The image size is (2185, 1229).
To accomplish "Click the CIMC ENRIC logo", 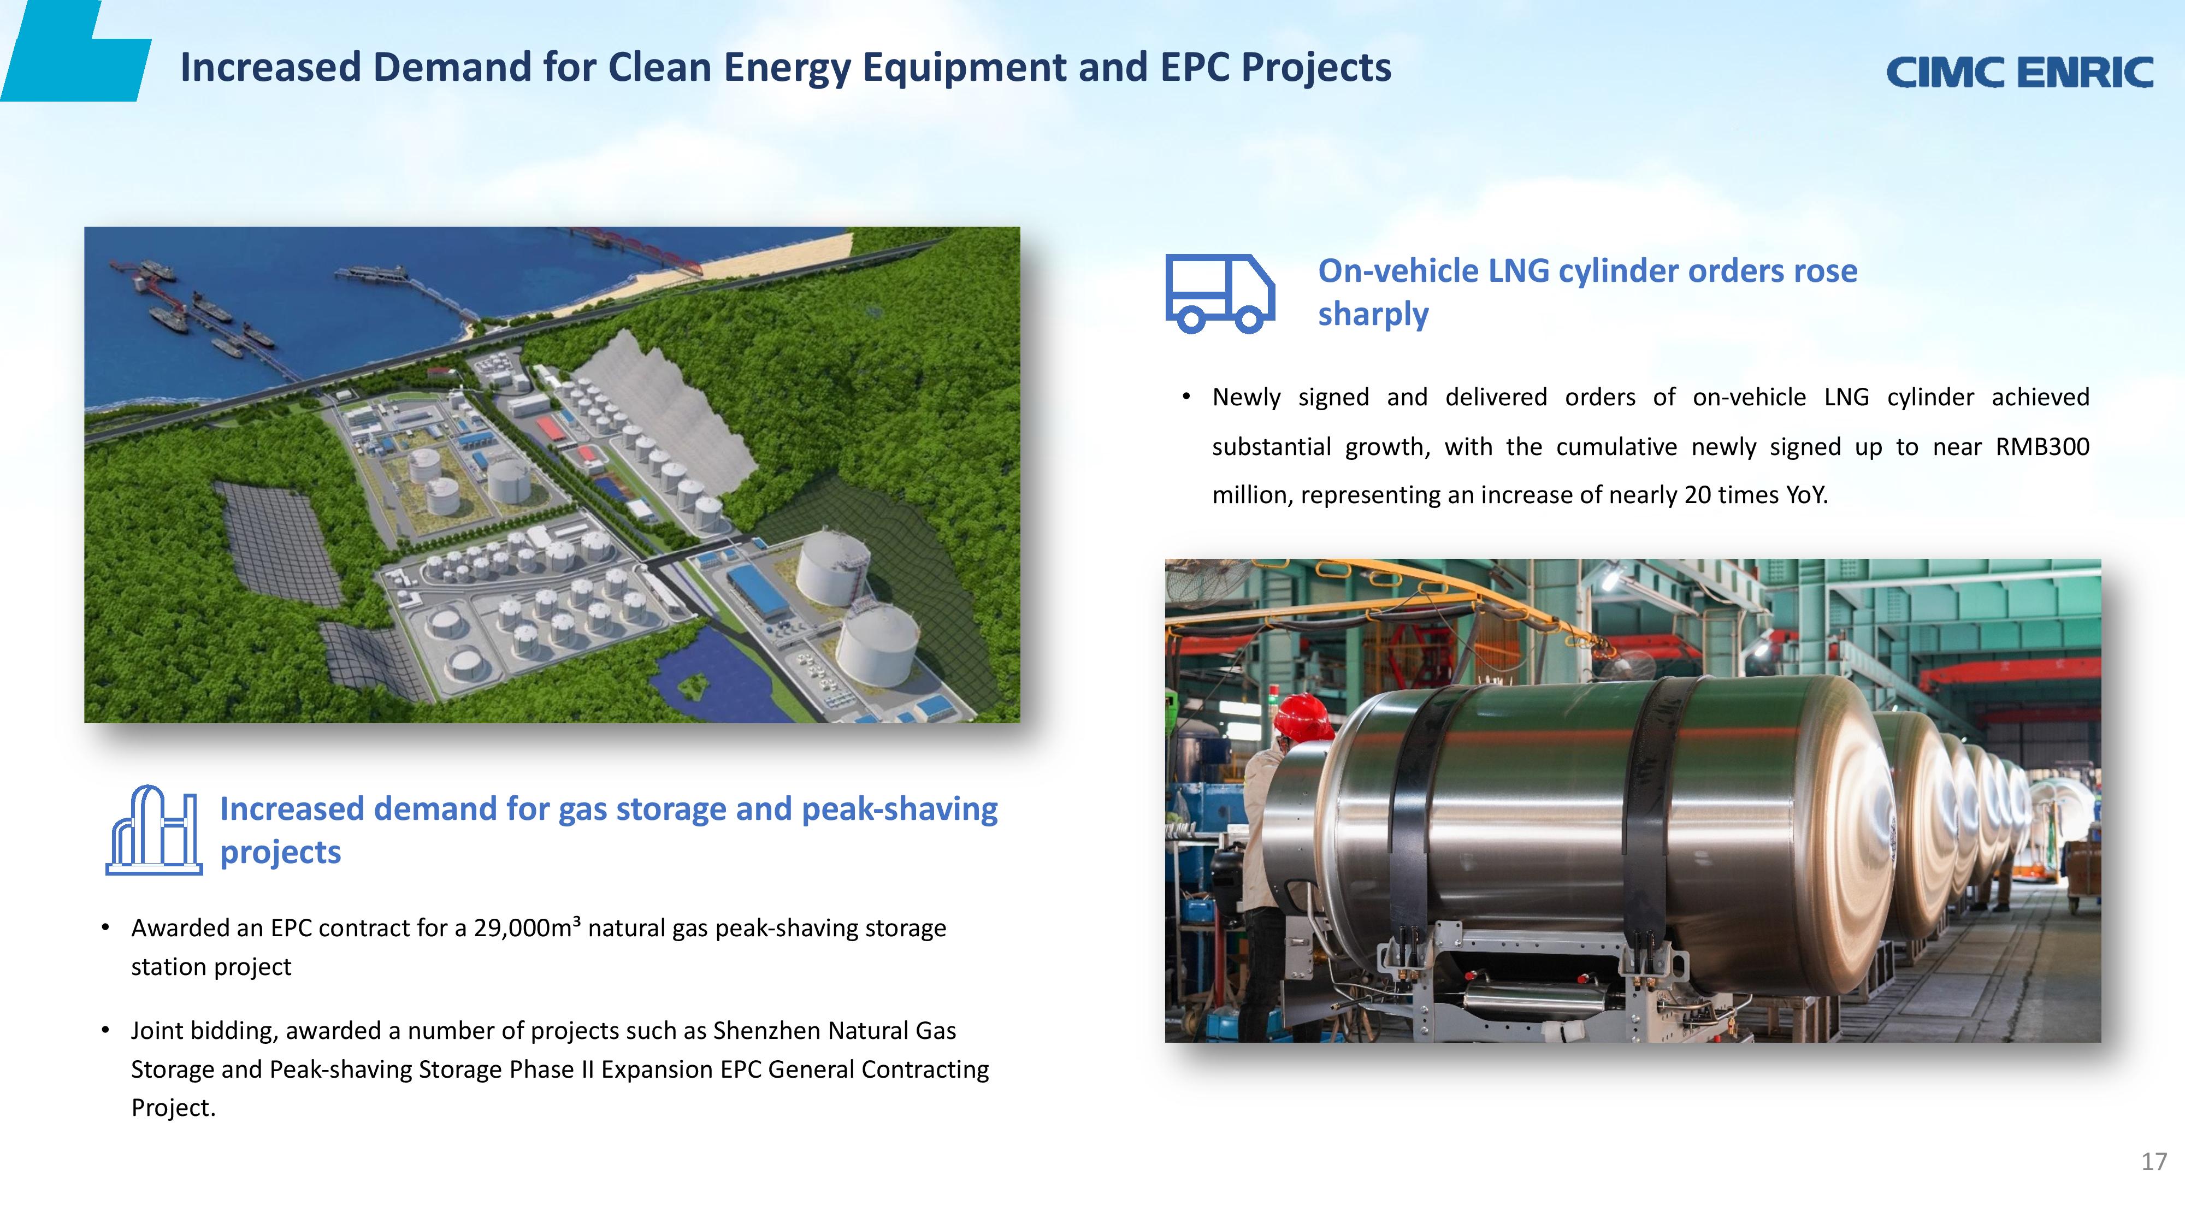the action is point(2019,72).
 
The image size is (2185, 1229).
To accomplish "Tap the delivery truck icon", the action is point(1220,293).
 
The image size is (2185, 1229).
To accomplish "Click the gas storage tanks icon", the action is point(153,830).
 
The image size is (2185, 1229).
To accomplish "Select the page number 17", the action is point(2154,1161).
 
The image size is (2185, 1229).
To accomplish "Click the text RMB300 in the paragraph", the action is point(2042,446).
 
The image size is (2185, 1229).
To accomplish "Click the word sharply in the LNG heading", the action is point(1373,314).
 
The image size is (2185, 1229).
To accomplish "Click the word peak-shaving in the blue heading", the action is point(899,809).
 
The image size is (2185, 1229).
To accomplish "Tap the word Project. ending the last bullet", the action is point(174,1108).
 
